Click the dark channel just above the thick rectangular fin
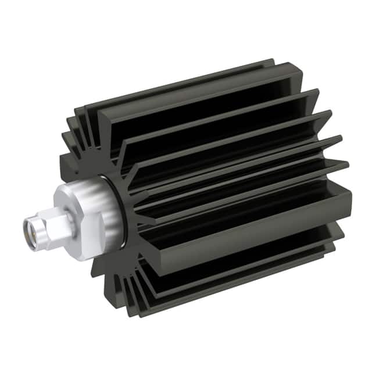pyautogui.click(x=244, y=192)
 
